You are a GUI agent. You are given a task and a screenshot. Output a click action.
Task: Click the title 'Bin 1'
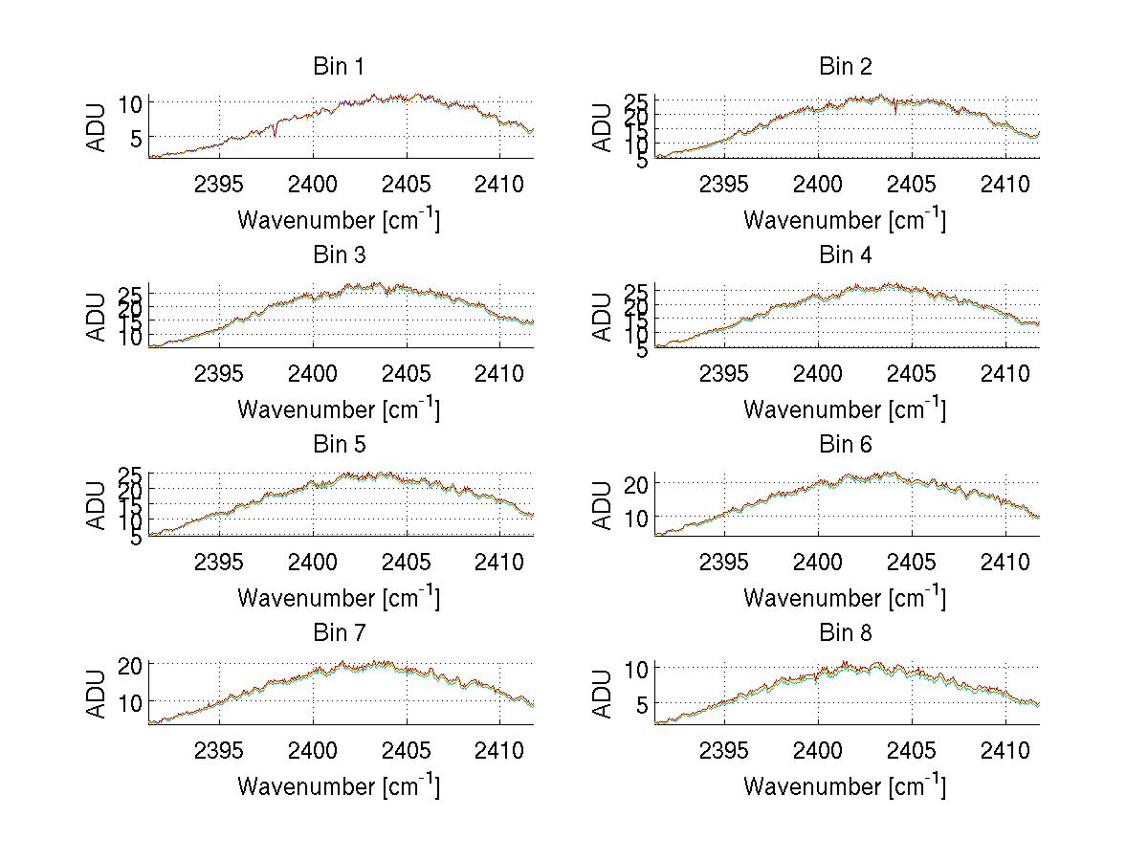point(339,67)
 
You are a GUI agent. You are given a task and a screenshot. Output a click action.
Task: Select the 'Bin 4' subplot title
point(846,255)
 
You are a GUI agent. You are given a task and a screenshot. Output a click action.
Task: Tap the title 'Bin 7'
point(339,633)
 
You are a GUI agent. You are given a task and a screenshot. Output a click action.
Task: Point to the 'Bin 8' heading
point(846,633)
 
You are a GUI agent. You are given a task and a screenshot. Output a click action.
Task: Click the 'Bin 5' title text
point(339,445)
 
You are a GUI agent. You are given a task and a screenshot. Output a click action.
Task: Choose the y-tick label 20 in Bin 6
point(637,484)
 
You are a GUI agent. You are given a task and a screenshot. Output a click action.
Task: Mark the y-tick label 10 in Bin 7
point(132,701)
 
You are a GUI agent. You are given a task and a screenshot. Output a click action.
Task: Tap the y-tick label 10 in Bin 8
point(637,668)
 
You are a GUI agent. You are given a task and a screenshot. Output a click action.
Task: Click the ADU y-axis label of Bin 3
point(98,317)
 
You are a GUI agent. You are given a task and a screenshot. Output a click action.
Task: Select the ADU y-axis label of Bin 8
point(604,694)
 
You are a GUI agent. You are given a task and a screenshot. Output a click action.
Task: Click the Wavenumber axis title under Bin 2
point(845,219)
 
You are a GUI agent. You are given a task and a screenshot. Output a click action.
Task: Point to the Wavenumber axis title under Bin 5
point(339,598)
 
